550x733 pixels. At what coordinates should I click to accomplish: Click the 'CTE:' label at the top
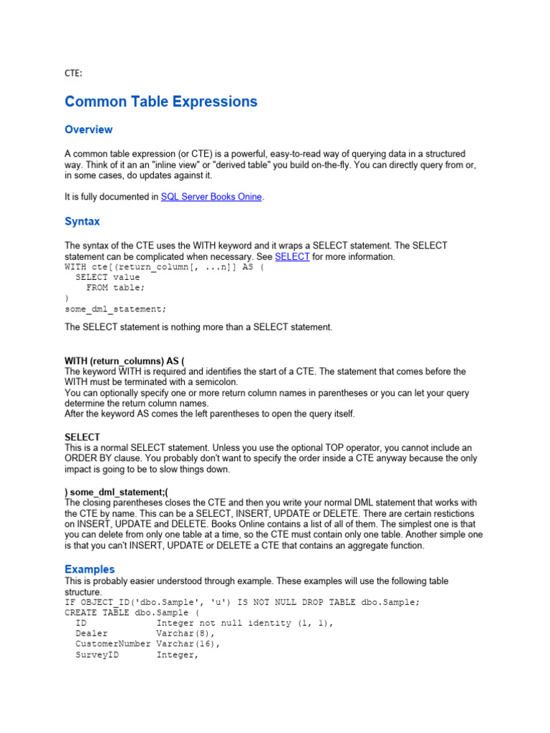pos(73,73)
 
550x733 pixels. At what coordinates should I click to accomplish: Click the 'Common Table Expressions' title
pos(160,102)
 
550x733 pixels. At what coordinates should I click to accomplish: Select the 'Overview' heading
pos(88,130)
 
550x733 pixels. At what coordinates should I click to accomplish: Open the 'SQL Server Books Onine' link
pos(211,197)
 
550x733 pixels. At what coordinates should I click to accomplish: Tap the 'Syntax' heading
pos(82,222)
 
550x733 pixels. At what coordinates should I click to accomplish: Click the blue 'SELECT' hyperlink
pos(292,256)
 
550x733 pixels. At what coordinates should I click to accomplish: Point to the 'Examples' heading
pos(90,569)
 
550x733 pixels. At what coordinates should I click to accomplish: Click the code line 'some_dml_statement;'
pos(115,309)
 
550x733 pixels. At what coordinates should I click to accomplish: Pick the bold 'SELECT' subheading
pos(82,437)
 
